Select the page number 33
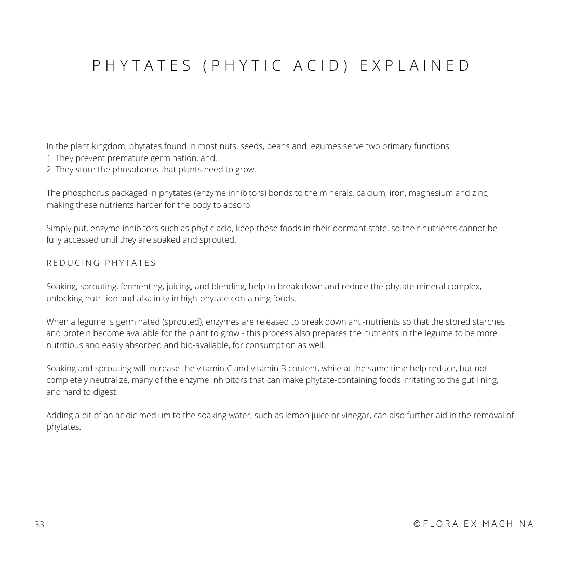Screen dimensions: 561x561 coord(39,524)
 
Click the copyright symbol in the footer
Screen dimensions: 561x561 coord(417,524)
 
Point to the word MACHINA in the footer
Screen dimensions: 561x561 coord(508,524)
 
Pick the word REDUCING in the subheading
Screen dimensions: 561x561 coord(73,263)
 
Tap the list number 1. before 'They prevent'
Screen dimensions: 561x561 coord(50,158)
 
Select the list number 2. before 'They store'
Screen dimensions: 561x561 coord(50,169)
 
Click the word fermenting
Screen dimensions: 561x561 coord(142,287)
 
